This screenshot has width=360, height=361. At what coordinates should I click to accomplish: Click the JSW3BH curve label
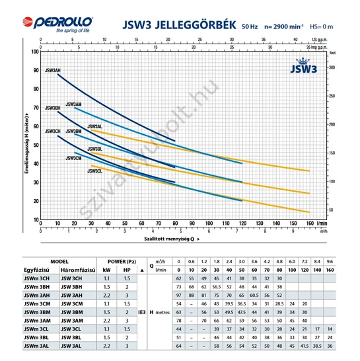tap(52, 107)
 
